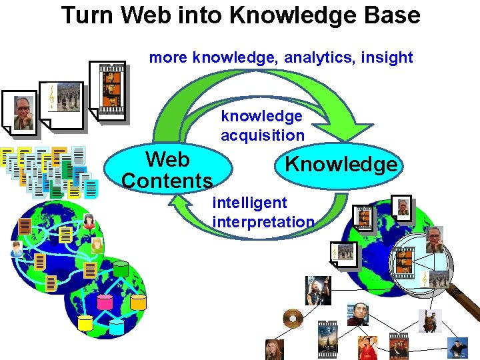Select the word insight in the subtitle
(x=387, y=57)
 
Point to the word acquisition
(x=263, y=135)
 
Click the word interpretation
(x=263, y=221)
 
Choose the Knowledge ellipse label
(x=341, y=164)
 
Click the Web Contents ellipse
(x=167, y=169)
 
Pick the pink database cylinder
(x=105, y=301)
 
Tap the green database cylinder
(x=121, y=269)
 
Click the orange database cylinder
(x=137, y=302)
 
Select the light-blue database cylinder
(x=117, y=326)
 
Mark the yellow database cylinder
(x=85, y=323)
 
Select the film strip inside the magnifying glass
(x=404, y=262)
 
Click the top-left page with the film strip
(x=111, y=82)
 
